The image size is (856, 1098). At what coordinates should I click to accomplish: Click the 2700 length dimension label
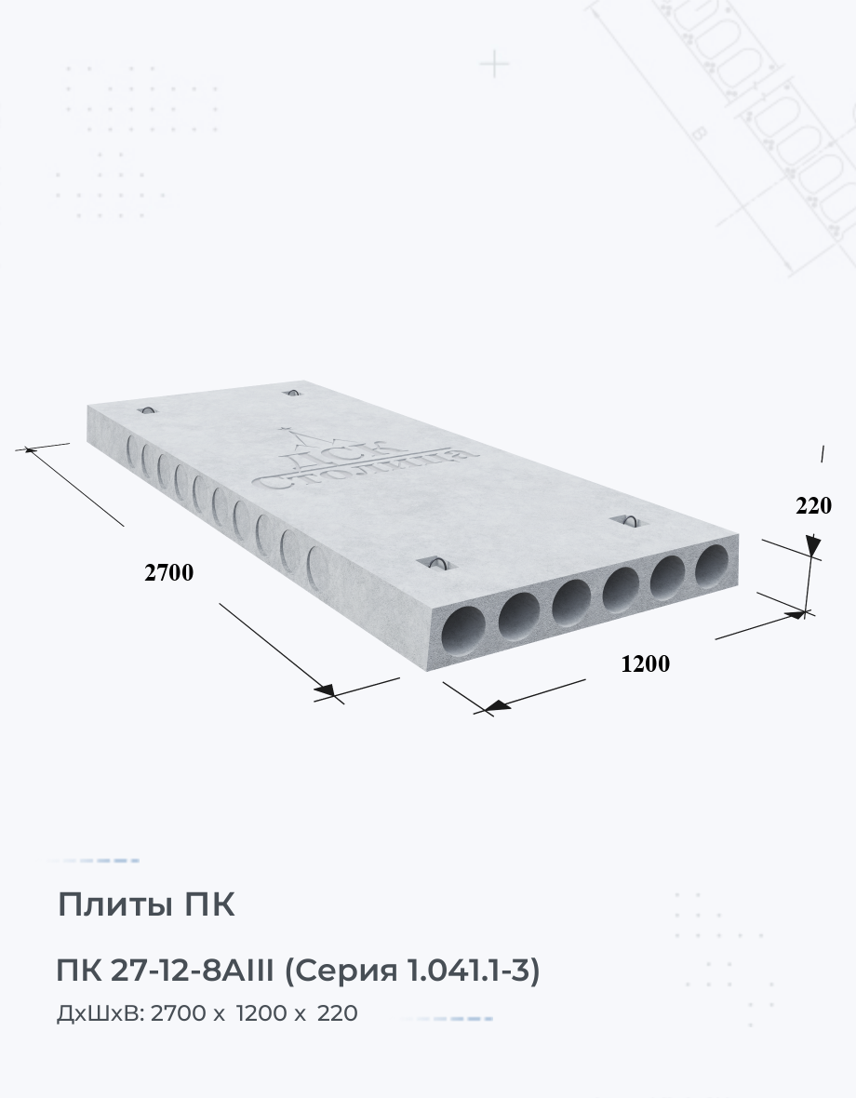click(168, 573)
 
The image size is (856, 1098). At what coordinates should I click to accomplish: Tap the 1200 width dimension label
click(646, 663)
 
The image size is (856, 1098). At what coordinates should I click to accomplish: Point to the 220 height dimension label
click(813, 505)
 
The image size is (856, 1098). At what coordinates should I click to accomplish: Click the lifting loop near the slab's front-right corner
click(628, 520)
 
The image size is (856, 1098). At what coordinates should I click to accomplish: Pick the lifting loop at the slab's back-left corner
click(148, 409)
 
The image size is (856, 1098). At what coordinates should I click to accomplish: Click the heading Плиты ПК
click(145, 904)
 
